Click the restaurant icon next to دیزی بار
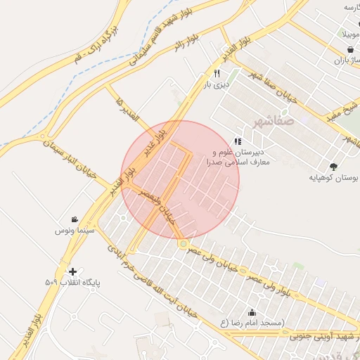(x=217, y=73)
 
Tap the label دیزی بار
(x=217, y=84)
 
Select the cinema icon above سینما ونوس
(x=75, y=219)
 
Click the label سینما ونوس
(x=71, y=230)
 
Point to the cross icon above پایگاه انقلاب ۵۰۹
(x=72, y=271)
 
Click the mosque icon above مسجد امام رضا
(x=252, y=312)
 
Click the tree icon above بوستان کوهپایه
(x=333, y=167)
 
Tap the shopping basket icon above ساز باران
(x=350, y=49)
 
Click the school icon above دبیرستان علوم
(x=237, y=141)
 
